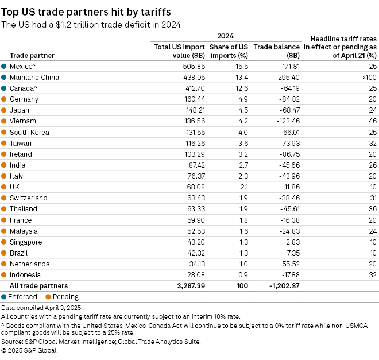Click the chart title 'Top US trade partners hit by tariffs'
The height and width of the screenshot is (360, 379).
pos(86,11)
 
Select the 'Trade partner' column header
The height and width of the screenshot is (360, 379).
pos(32,56)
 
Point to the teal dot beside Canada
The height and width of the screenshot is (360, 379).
pos(4,88)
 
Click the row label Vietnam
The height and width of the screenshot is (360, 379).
pos(23,121)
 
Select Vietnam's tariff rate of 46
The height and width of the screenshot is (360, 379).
pos(372,121)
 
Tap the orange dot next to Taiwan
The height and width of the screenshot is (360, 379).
pos(4,144)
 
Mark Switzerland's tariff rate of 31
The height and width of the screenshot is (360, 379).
pos(372,198)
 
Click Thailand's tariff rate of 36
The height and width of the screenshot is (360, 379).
pos(372,209)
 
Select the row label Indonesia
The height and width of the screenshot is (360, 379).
pos(26,275)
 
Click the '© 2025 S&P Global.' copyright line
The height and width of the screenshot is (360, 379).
pos(34,350)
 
